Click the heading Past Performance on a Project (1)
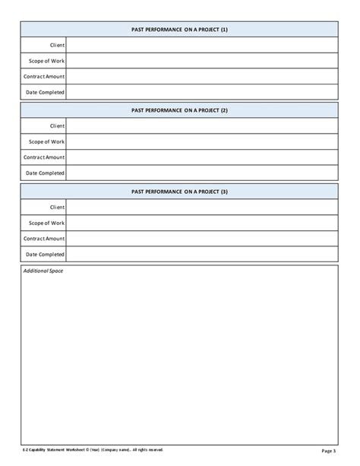coord(179,29)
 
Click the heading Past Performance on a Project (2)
coord(179,110)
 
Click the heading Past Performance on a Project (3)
coord(179,192)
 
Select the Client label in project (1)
coord(57,45)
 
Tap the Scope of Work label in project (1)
coord(46,61)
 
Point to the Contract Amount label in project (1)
coord(44,76)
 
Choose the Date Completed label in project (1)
coord(46,92)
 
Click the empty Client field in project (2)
coord(201,126)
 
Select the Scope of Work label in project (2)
coord(46,141)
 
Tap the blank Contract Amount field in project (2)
coord(201,157)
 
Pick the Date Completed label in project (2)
coord(46,173)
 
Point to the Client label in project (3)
coord(57,207)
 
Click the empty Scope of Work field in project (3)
coord(201,223)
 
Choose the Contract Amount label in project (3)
coord(44,239)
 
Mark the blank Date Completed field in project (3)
coord(201,255)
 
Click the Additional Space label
coord(43,271)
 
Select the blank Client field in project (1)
coord(201,45)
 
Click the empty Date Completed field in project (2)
coord(201,173)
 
